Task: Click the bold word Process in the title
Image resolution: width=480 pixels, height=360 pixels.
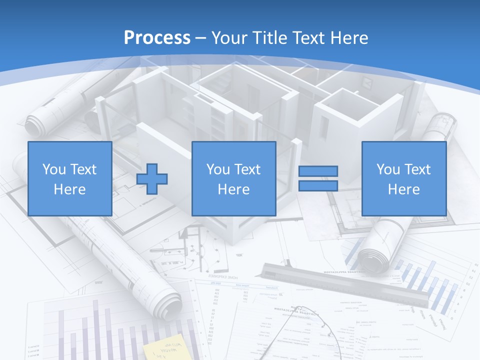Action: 157,38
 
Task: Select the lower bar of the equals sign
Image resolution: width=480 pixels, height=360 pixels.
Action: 318,186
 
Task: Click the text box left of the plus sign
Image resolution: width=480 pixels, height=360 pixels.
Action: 70,179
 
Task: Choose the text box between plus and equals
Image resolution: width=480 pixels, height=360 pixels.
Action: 233,179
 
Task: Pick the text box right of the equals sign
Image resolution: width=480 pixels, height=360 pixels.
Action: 403,179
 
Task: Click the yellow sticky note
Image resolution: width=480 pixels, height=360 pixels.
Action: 164,349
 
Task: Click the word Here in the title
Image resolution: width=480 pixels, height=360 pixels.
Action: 349,38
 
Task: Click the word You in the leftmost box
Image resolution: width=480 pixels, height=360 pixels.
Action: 53,169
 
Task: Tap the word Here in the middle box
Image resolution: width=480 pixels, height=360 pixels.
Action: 233,189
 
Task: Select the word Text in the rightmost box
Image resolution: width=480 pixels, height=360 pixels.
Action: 418,169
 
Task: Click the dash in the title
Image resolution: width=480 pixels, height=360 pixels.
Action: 201,38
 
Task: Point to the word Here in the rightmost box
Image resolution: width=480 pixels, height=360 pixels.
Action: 403,189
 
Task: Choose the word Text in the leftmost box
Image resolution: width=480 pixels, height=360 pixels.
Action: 84,169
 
